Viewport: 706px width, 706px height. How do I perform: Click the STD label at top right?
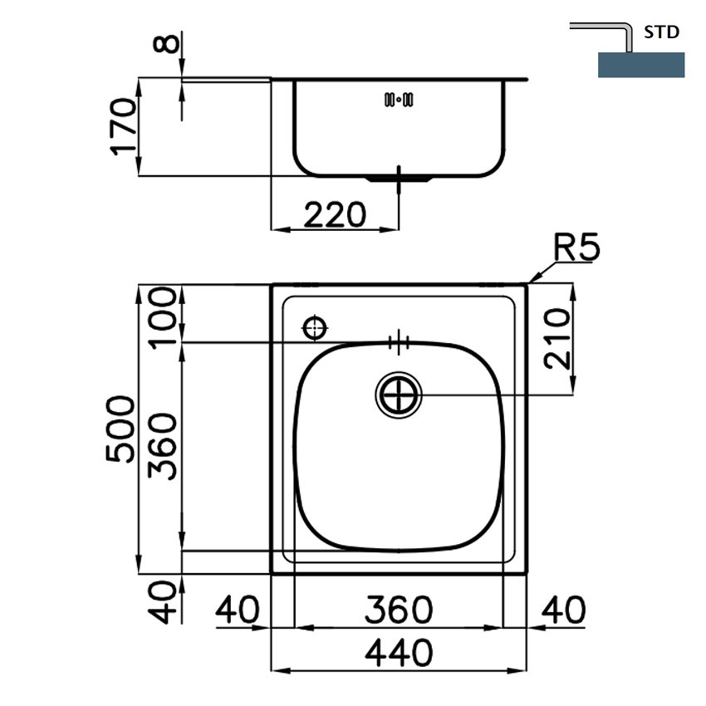tap(661, 32)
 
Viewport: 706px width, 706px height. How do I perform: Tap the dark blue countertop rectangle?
tap(641, 65)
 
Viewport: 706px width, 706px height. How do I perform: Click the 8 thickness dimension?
tap(166, 44)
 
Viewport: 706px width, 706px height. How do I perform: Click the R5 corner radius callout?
tap(576, 247)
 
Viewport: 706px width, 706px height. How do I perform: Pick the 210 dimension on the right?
tap(556, 339)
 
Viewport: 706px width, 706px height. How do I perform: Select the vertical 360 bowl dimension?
tap(163, 446)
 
